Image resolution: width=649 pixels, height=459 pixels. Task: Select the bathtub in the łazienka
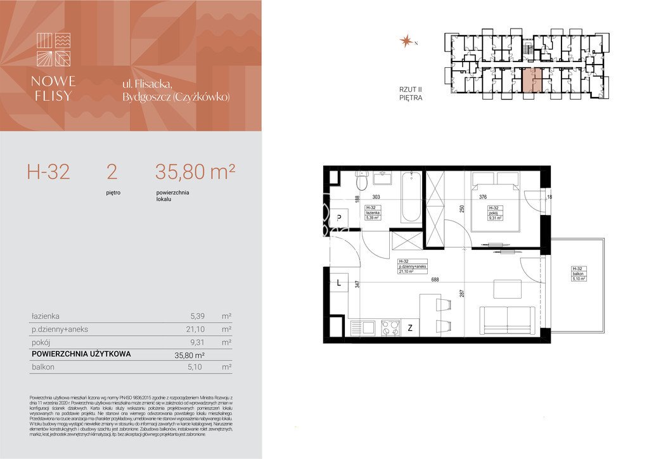(x=411, y=196)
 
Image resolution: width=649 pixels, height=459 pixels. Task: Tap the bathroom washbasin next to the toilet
(x=382, y=177)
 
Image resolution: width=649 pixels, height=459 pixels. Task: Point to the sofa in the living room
(x=508, y=320)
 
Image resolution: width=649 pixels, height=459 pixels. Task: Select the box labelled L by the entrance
(x=339, y=283)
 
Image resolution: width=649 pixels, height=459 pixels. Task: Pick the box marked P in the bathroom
(x=339, y=217)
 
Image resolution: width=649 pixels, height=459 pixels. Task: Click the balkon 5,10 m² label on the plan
(x=578, y=273)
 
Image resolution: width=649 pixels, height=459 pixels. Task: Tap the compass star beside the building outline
(x=404, y=42)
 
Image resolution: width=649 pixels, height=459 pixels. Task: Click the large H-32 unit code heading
(x=48, y=172)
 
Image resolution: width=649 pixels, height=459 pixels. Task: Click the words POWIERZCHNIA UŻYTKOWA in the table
(x=81, y=354)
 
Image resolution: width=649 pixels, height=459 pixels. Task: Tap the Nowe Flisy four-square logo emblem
(x=54, y=49)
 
